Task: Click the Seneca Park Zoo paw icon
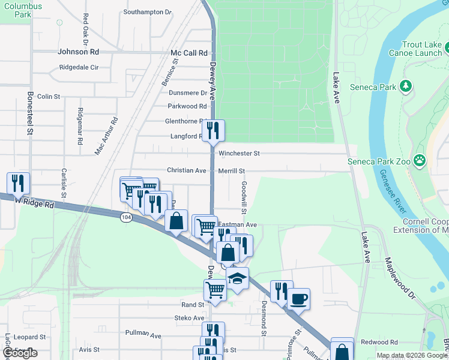420,161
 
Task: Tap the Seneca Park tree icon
406,87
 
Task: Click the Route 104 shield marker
125,216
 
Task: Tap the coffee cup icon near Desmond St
298,298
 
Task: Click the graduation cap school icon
238,278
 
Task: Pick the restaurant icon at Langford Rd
213,130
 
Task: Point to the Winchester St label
239,154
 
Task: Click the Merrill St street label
232,171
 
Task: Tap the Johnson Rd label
77,52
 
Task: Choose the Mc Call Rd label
189,53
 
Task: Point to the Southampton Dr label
147,11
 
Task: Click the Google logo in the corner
20,353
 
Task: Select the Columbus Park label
22,9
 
